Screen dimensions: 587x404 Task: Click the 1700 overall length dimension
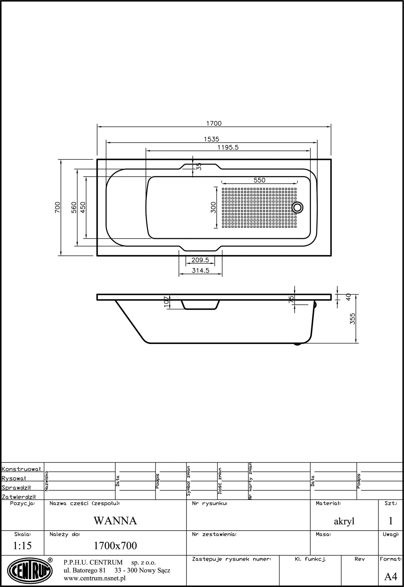pos(214,123)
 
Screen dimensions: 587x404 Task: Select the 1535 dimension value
pos(211,139)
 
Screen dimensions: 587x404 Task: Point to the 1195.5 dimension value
pos(228,147)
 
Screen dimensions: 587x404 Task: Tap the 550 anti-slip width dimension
pos(259,180)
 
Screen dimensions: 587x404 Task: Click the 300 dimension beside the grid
pos(213,207)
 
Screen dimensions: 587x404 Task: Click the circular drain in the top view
pos(297,208)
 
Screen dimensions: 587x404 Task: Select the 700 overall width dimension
pos(57,207)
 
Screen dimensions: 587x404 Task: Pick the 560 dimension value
pos(74,207)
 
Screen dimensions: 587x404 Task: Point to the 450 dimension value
pos(83,207)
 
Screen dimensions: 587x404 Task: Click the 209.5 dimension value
pos(200,260)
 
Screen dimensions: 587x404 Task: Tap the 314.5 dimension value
pos(200,270)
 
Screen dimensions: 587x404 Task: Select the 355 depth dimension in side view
pos(353,319)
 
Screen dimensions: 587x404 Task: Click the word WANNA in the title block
pos(115,521)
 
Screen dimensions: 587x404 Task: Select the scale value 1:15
pos(22,546)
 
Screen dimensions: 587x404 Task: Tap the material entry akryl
pos(344,521)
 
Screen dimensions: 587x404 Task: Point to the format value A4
pos(391,576)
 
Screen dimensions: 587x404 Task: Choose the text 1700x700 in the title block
pos(115,546)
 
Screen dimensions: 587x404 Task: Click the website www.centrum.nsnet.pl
pos(94,578)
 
